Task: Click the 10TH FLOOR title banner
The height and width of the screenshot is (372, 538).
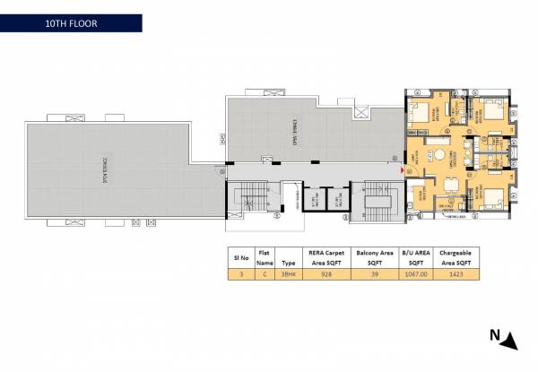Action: tap(71, 22)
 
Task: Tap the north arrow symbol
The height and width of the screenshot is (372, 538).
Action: tap(508, 338)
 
